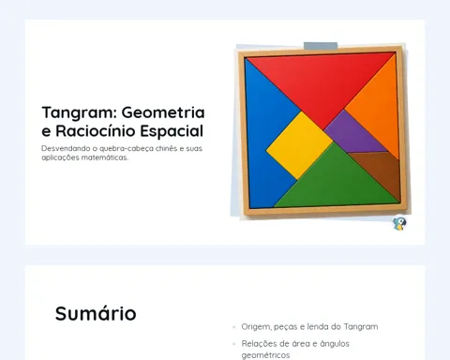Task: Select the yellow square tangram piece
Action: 299,145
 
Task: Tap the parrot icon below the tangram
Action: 399,224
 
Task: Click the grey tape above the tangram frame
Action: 321,46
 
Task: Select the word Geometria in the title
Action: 163,112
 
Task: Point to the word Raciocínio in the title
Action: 96,131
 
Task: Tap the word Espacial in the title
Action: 172,131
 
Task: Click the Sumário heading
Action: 96,313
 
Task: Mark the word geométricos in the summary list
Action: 265,355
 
